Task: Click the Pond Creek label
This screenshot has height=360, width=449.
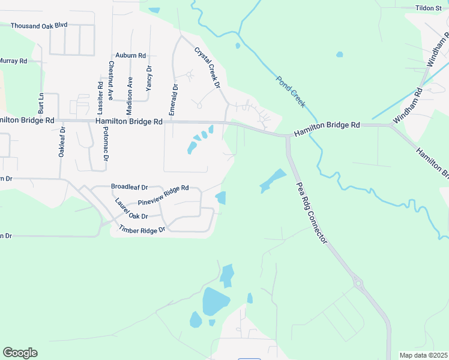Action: pyautogui.click(x=291, y=91)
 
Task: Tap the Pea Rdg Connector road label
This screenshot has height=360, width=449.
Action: pyautogui.click(x=312, y=214)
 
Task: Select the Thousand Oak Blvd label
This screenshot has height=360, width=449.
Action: pyautogui.click(x=39, y=26)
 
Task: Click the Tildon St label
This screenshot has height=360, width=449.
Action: pyautogui.click(x=429, y=8)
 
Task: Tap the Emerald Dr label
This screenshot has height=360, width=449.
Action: pyautogui.click(x=173, y=100)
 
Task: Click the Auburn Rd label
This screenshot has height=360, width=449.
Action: pyautogui.click(x=131, y=55)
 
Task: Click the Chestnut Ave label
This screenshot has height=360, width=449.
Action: pyautogui.click(x=111, y=80)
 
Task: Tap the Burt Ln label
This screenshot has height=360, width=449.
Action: pyautogui.click(x=41, y=103)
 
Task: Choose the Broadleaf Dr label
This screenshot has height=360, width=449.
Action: pyautogui.click(x=129, y=187)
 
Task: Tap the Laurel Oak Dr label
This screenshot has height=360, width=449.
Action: pyautogui.click(x=131, y=209)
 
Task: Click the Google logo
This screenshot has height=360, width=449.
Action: pyautogui.click(x=20, y=353)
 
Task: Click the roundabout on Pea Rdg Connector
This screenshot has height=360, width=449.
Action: pyautogui.click(x=358, y=282)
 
